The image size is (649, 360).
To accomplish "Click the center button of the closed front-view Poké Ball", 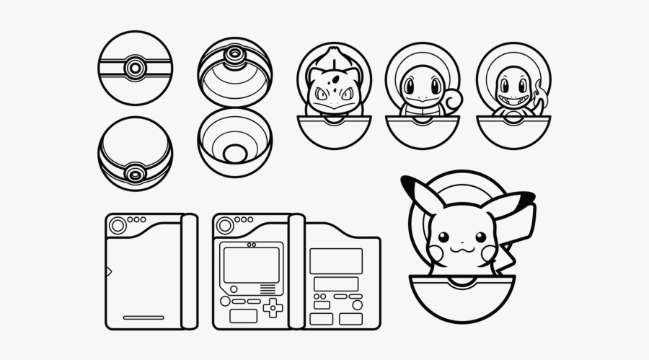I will (134, 68).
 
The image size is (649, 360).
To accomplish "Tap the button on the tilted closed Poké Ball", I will (134, 174).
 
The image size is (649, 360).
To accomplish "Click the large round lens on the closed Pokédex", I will (116, 226).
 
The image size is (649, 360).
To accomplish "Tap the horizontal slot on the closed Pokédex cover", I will (143, 317).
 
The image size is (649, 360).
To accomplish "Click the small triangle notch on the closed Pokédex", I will (109, 271).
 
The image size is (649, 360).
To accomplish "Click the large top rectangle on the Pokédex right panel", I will (335, 260).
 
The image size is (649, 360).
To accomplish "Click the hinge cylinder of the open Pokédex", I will (296, 271).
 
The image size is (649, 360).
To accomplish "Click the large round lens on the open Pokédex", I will (224, 226).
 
